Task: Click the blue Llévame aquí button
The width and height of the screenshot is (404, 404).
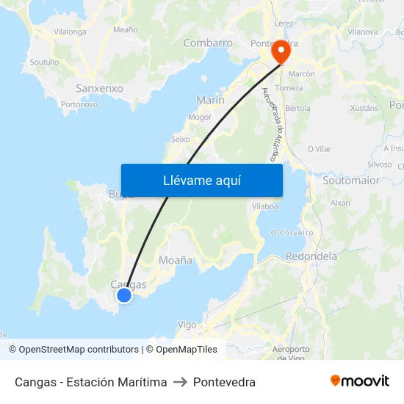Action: pos(202,180)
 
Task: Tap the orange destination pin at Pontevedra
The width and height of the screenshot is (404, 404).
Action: pos(281,53)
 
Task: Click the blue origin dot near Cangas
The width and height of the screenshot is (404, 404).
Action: pos(124,295)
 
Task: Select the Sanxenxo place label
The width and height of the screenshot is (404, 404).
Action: pos(99,87)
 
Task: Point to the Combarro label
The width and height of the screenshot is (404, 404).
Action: pos(208,43)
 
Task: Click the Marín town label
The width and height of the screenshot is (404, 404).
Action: pos(211,100)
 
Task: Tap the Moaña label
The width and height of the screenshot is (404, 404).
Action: pos(176,260)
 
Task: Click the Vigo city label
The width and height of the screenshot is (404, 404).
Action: pos(187,324)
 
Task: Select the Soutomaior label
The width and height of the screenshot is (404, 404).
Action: pos(351,180)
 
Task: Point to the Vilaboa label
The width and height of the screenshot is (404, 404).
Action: pos(264,206)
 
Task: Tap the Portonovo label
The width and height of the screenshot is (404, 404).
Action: pos(80,104)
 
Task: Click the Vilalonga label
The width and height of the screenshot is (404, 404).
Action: pos(70,32)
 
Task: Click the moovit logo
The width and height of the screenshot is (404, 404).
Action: pos(360,381)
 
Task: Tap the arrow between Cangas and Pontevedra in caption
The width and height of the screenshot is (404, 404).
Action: pos(180,382)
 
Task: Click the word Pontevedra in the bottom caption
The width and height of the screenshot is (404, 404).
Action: pos(224,382)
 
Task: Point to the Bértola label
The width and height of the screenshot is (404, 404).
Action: pos(297,108)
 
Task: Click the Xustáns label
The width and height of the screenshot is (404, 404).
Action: pos(364,108)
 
